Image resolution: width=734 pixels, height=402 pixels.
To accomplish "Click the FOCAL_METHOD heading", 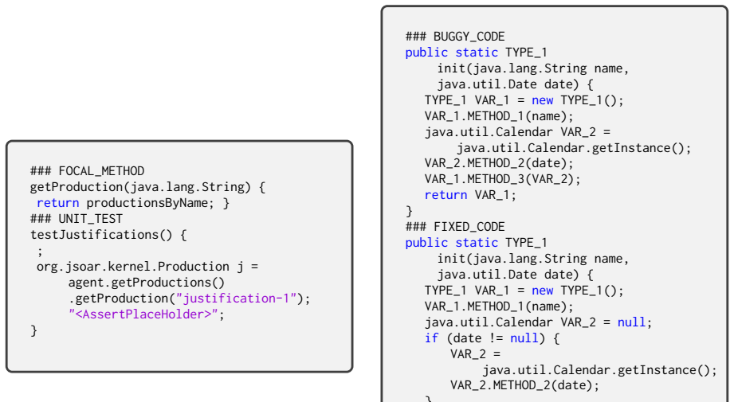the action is pyautogui.click(x=87, y=171).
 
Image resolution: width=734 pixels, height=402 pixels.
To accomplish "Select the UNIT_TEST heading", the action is pyautogui.click(x=77, y=219).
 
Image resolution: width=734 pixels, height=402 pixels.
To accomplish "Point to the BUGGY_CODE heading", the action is pyautogui.click(x=455, y=37).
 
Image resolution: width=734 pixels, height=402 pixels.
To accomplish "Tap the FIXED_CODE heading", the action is pyautogui.click(x=455, y=227).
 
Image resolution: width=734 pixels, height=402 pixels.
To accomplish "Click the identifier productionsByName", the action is pyautogui.click(x=147, y=203).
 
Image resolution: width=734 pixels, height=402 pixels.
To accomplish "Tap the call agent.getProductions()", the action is pyautogui.click(x=147, y=283).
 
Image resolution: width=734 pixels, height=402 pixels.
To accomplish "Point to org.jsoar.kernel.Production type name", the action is pyautogui.click(x=133, y=267).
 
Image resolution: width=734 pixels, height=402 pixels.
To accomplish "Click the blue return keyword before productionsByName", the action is pyautogui.click(x=57, y=203).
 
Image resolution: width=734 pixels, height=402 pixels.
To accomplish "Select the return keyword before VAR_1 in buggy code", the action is pyautogui.click(x=446, y=195).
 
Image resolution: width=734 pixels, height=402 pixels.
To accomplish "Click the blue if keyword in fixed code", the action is pyautogui.click(x=432, y=338).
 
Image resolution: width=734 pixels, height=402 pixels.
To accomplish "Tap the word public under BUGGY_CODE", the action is pyautogui.click(x=426, y=53).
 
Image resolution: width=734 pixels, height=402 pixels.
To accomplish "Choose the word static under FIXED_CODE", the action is pyautogui.click(x=477, y=243).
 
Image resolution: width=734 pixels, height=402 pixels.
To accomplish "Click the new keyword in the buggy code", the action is pyautogui.click(x=543, y=100).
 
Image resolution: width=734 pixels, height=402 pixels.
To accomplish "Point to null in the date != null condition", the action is pyautogui.click(x=524, y=338).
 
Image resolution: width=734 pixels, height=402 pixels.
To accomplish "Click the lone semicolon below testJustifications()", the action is pyautogui.click(x=40, y=252).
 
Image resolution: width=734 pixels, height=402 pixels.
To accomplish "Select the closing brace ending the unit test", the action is pyautogui.click(x=33, y=330).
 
